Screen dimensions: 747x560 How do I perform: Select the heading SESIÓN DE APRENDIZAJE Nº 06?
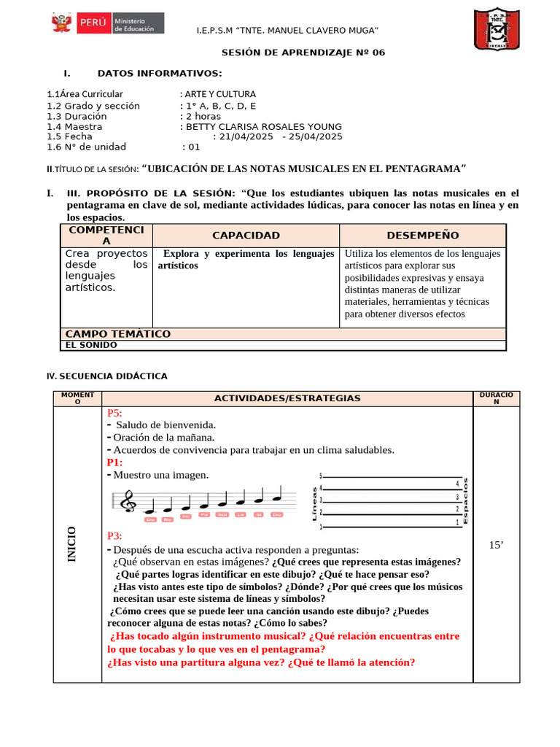[x=303, y=53]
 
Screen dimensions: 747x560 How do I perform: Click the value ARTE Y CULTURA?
[x=220, y=94]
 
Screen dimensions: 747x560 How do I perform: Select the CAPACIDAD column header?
[x=246, y=236]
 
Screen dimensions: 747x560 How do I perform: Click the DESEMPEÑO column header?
[x=423, y=236]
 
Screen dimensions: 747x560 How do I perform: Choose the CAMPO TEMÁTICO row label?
[x=118, y=334]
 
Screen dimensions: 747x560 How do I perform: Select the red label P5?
[x=114, y=413]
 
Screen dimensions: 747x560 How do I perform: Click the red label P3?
[x=114, y=536]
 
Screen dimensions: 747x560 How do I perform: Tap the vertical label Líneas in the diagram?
[x=314, y=503]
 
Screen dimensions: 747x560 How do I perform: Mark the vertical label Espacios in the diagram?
[x=467, y=501]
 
